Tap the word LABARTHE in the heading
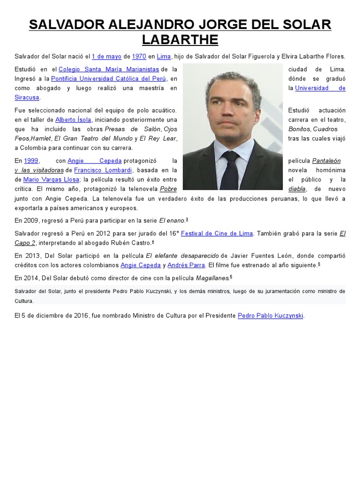180,40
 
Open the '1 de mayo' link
106,57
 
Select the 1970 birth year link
139,57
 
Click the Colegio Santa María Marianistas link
108,69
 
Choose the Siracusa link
27,97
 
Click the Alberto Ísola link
73,120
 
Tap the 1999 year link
31,161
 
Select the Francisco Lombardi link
103,170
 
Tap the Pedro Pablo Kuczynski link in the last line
270,316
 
